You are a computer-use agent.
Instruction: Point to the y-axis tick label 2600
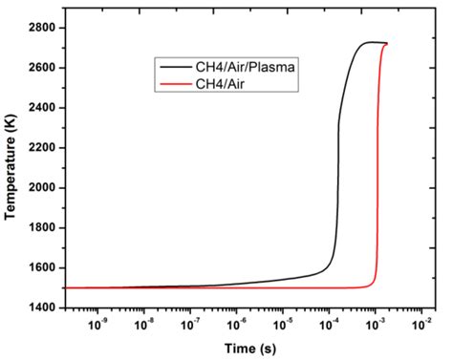click(41, 68)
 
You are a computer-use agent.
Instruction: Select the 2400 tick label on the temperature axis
click(41, 108)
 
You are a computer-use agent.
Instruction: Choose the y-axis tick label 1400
click(41, 308)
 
